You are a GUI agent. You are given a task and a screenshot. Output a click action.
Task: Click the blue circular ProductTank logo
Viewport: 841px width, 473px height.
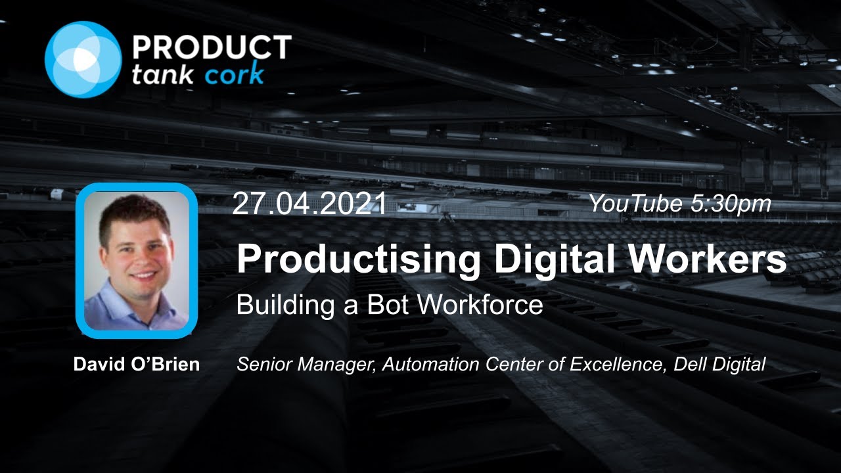click(x=83, y=60)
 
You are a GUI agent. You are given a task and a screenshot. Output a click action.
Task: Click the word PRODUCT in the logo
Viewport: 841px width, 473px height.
click(x=212, y=47)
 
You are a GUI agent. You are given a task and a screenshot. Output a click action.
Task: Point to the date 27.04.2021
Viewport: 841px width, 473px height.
click(x=309, y=205)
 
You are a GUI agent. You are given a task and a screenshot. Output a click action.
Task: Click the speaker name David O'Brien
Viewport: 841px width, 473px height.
click(x=137, y=365)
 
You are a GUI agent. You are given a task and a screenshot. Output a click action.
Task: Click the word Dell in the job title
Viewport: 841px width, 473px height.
click(x=688, y=365)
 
